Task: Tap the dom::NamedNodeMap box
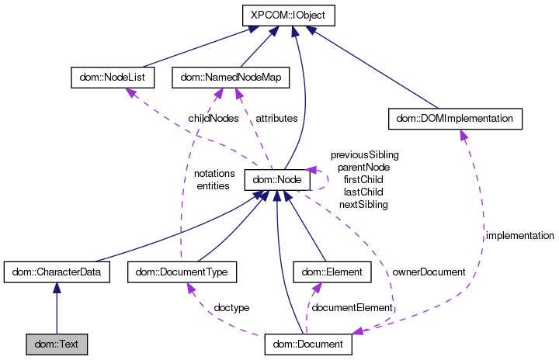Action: pyautogui.click(x=230, y=78)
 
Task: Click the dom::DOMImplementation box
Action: pyautogui.click(x=454, y=119)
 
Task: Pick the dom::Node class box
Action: pyautogui.click(x=277, y=180)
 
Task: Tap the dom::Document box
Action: pyautogui.click(x=309, y=342)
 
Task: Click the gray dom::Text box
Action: pyautogui.click(x=56, y=342)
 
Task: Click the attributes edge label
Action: pyautogui.click(x=276, y=119)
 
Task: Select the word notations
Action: pyautogui.click(x=214, y=173)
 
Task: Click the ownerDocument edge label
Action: pyautogui.click(x=429, y=272)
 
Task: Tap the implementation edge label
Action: pyautogui.click(x=519, y=235)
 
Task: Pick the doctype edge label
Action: pyautogui.click(x=231, y=308)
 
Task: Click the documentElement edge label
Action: pyautogui.click(x=352, y=308)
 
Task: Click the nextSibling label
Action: pyautogui.click(x=363, y=204)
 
